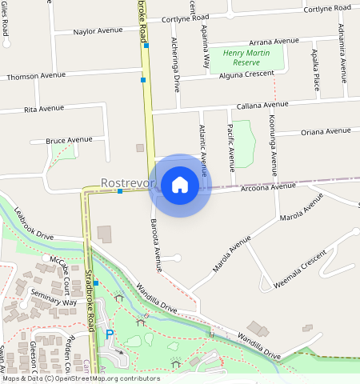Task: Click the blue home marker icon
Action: pyautogui.click(x=180, y=185)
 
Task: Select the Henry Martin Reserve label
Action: pyautogui.click(x=247, y=58)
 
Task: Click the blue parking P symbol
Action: pyautogui.click(x=110, y=335)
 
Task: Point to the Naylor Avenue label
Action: pyautogui.click(x=98, y=30)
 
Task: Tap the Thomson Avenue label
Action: pyautogui.click(x=35, y=76)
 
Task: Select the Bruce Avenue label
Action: pyautogui.click(x=69, y=140)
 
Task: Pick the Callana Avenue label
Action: pyautogui.click(x=262, y=105)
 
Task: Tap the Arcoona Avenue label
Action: pyautogui.click(x=269, y=186)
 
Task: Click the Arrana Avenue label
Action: pyautogui.click(x=273, y=41)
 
